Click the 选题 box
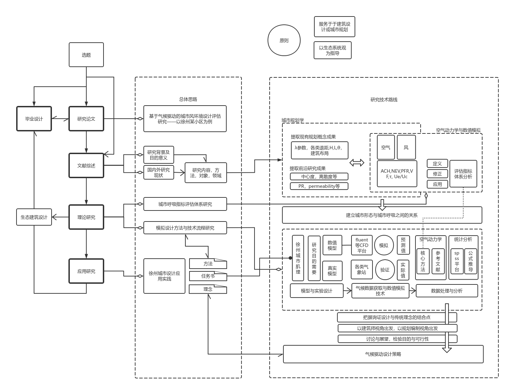tap(86, 55)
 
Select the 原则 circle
tap(284, 40)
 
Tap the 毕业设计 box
tap(34, 119)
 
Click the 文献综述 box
tap(86, 165)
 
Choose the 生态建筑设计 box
tap(34, 217)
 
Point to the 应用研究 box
tap(86, 271)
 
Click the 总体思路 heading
tap(188, 99)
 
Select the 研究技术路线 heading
tap(384, 100)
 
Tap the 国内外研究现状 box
tap(159, 172)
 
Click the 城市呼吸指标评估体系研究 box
tap(185, 204)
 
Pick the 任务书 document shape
tap(208, 276)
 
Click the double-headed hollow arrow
tap(357, 163)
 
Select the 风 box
tap(406, 147)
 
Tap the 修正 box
tap(437, 174)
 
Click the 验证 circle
tap(385, 270)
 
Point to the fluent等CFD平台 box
tap(361, 245)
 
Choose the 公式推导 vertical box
tap(470, 261)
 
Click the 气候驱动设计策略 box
tap(383, 354)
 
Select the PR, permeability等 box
tap(319, 186)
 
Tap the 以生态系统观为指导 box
tap(333, 50)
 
